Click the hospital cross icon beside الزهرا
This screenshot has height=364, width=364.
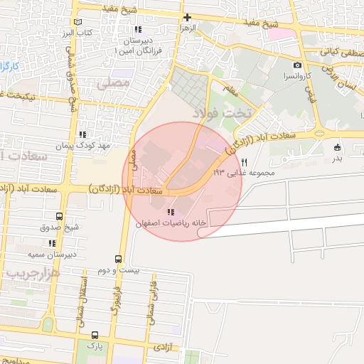point(187,18)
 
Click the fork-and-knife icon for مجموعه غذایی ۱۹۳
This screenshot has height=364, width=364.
point(245,162)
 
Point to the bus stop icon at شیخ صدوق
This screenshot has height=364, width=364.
point(59,217)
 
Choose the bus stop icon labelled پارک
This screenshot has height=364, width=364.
point(95,334)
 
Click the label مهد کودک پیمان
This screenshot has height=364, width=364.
point(84,145)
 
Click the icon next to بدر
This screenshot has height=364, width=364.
point(336,147)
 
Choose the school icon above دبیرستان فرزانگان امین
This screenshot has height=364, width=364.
point(137,30)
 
